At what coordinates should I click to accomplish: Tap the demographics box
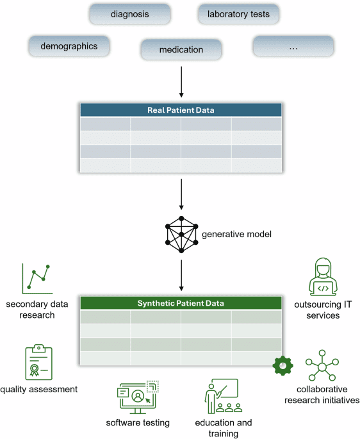[69, 46]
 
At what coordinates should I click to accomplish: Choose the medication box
[181, 49]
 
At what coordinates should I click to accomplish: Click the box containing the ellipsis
[293, 46]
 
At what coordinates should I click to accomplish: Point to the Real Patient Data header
[181, 110]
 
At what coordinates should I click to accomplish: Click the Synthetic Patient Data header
[181, 303]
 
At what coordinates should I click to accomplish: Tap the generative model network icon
[181, 235]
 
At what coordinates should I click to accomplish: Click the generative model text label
[228, 235]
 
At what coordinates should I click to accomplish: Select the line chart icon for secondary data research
[37, 277]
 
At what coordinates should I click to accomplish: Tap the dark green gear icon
[282, 365]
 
